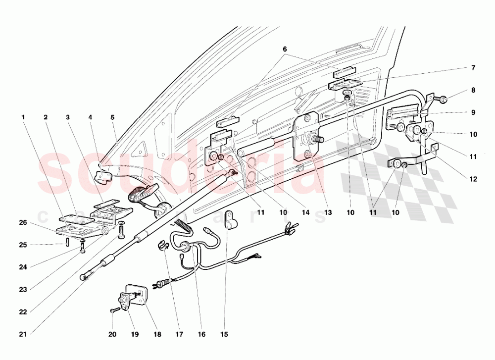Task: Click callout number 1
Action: [x=23, y=117]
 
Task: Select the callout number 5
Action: [x=112, y=117]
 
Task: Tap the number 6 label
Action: [x=285, y=50]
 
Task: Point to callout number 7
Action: [x=473, y=67]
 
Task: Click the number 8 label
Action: [x=473, y=90]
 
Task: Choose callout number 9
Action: [x=473, y=112]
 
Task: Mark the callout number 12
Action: [x=473, y=179]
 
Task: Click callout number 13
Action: [x=327, y=212]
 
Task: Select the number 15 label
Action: [x=224, y=335]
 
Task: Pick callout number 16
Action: [x=201, y=335]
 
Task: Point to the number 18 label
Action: [x=157, y=335]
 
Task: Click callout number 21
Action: [x=23, y=335]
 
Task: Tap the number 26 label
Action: [x=23, y=222]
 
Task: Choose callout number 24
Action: [x=23, y=267]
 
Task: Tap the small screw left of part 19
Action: [x=114, y=310]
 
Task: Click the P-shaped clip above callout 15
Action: [x=230, y=218]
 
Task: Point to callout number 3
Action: [x=68, y=117]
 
